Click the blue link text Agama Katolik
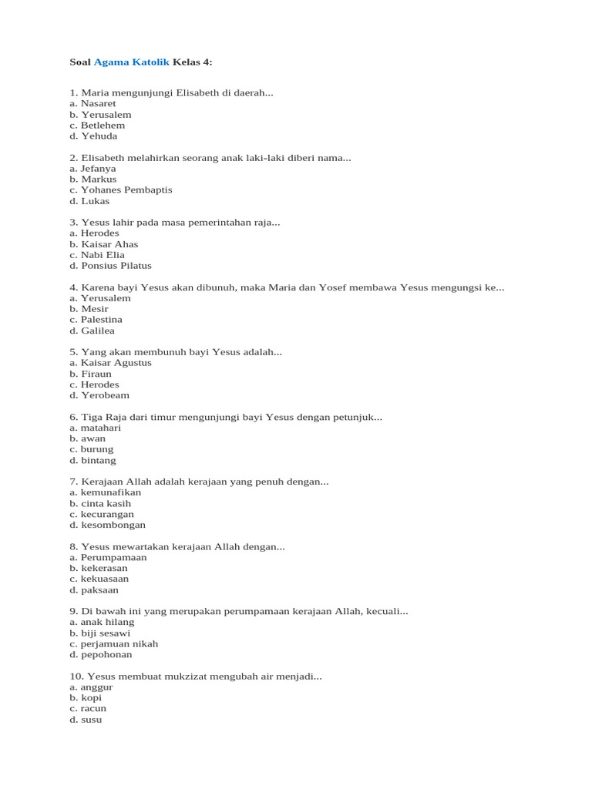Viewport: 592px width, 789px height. click(132, 61)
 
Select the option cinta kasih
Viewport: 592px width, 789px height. click(110, 503)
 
